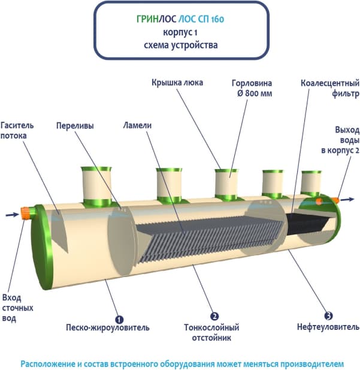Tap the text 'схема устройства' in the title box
(x=180, y=45)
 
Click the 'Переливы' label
(x=75, y=126)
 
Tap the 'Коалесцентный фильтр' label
(x=329, y=89)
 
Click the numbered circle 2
(x=214, y=315)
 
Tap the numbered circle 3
(x=328, y=315)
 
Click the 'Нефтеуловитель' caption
(x=328, y=327)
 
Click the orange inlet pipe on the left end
(x=27, y=212)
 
